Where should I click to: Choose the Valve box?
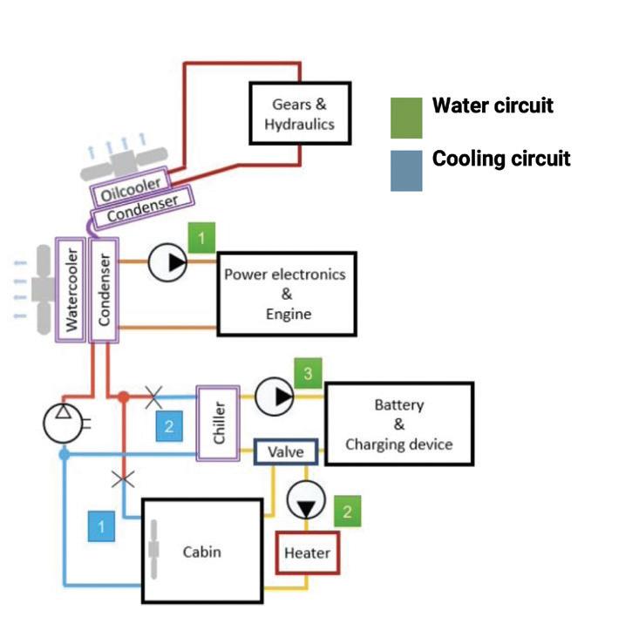[x=285, y=452]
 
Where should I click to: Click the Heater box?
[x=307, y=553]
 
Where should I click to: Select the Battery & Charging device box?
[x=399, y=424]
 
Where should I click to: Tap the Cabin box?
[x=202, y=552]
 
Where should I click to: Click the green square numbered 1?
[x=201, y=236]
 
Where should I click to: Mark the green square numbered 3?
[x=308, y=373]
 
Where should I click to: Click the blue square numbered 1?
[x=102, y=526]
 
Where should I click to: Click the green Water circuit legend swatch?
[x=406, y=118]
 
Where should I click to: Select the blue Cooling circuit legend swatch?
[x=406, y=170]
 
